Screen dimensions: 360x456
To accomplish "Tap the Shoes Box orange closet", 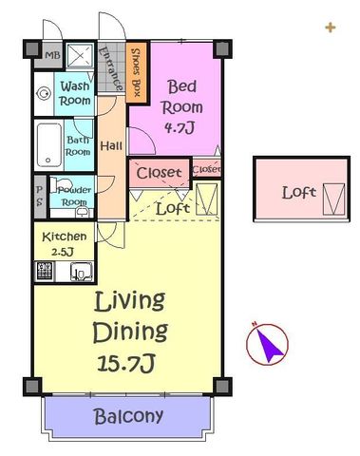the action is click(136, 72).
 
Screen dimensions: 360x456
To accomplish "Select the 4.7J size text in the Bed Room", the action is click(180, 127).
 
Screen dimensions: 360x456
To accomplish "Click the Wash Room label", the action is click(75, 93).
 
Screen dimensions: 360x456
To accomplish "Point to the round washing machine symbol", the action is click(44, 94).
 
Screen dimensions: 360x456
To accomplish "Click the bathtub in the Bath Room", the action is click(49, 145).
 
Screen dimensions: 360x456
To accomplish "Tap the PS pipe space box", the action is click(40, 197).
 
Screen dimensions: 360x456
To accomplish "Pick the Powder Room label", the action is click(74, 196).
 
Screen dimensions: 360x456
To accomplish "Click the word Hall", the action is click(111, 146).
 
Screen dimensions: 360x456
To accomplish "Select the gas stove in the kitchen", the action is click(44, 271).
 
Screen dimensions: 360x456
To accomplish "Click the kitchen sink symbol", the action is click(82, 272).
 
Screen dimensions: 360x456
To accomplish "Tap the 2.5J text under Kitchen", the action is click(63, 252).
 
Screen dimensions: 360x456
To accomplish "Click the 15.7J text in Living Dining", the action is click(125, 363).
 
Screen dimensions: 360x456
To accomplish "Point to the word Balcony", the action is click(128, 416).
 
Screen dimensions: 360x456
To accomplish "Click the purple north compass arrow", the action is click(269, 345).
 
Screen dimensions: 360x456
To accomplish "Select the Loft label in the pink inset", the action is click(299, 193).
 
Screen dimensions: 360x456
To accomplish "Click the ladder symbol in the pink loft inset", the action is click(333, 199).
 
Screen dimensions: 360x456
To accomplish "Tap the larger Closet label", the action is click(159, 173).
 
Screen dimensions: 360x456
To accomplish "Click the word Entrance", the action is click(111, 68).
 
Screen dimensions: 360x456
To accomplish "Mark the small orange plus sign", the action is click(331, 28).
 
